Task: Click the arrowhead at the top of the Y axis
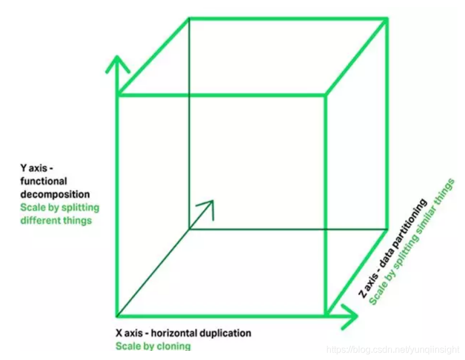117,62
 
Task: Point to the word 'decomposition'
55,194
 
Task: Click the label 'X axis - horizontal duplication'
183,333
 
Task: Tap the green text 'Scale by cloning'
153,346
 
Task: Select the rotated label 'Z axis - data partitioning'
392,248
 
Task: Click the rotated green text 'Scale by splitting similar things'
412,241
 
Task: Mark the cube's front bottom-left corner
117,316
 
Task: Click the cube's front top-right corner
326,94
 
